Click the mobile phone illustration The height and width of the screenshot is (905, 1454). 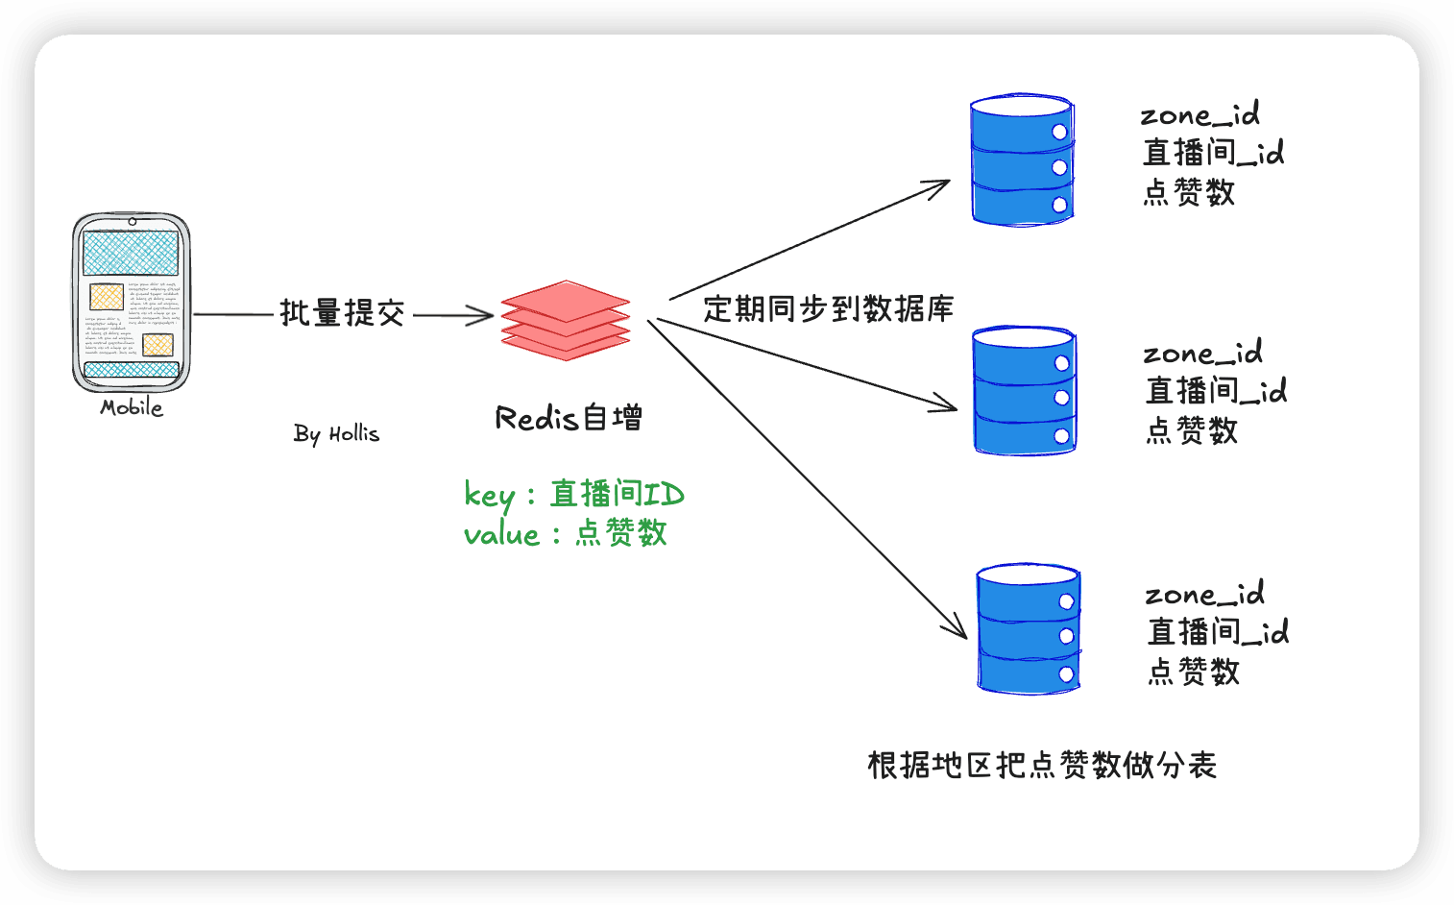tap(132, 303)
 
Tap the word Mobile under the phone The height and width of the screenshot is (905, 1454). tap(132, 407)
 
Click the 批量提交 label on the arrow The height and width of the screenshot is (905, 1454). tap(342, 313)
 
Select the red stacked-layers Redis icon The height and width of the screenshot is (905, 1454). tap(566, 320)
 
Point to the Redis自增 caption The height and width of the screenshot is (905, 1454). tap(569, 418)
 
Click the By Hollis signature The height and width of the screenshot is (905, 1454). tap(335, 433)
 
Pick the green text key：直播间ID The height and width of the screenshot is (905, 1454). tap(573, 495)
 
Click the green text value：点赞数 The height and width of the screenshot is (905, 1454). tap(566, 533)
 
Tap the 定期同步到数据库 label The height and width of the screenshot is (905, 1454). tap(828, 308)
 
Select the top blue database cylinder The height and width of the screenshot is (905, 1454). tap(1023, 159)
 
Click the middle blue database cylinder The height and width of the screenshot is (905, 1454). tap(1025, 390)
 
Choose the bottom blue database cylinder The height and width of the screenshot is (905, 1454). tap(1029, 628)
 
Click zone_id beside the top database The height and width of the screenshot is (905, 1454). tap(1200, 114)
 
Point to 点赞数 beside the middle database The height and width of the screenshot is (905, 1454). tap(1192, 430)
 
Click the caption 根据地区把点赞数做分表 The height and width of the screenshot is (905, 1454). tap(1042, 766)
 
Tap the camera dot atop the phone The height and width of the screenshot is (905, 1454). tap(133, 221)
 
